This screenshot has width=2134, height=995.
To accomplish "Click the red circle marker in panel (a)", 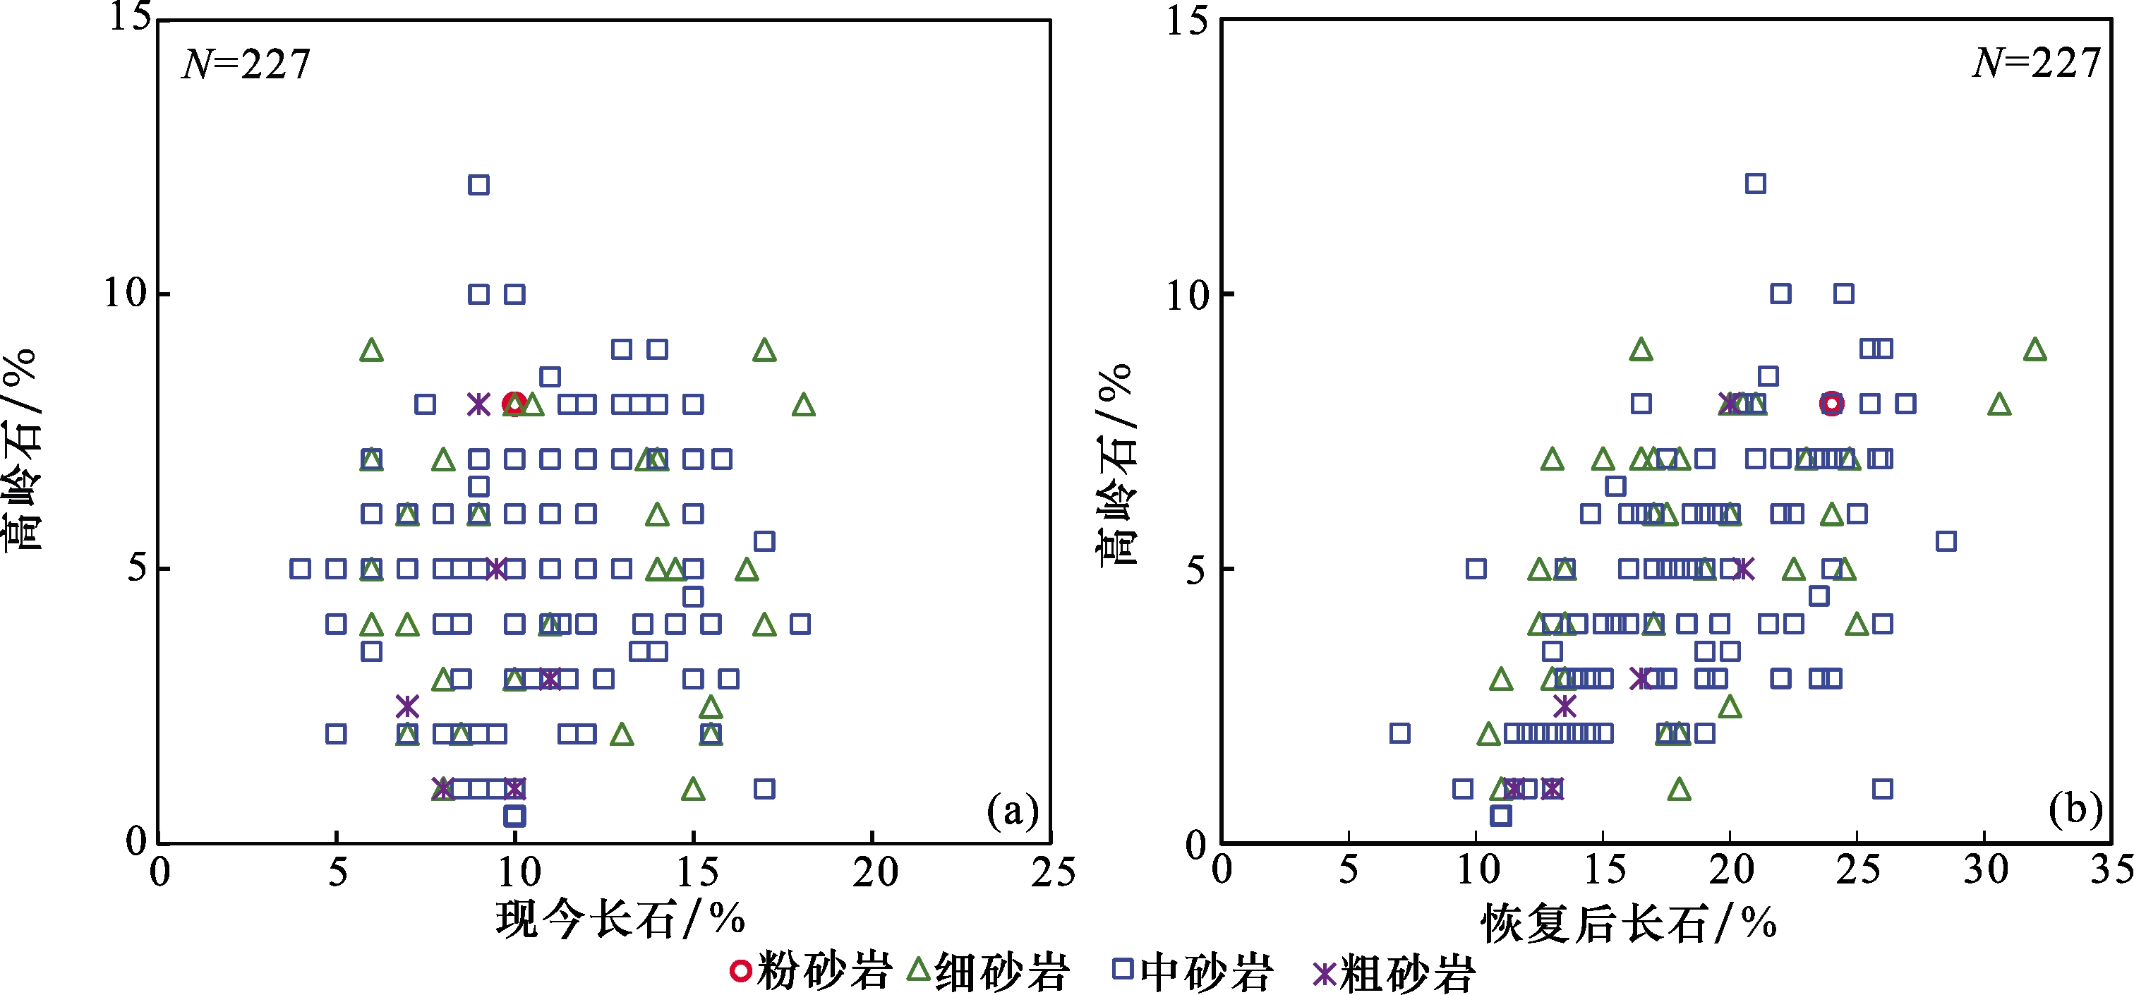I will [514, 404].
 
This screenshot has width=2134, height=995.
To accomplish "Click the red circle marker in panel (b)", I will [1832, 404].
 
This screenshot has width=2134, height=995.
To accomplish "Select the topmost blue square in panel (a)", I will [478, 184].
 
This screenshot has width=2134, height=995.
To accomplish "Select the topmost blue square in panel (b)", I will [1754, 183].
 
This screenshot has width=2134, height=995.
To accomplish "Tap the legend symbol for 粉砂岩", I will [740, 970].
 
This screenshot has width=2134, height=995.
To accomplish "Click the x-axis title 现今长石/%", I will [620, 919].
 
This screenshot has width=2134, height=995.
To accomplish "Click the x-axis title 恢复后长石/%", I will [1628, 923].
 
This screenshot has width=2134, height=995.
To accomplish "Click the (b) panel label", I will [2075, 809].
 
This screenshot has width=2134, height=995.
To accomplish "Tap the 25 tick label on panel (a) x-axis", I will [1052, 872].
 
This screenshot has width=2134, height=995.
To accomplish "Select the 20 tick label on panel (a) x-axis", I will [874, 872].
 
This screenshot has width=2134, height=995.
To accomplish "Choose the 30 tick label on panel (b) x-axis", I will [1986, 870].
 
